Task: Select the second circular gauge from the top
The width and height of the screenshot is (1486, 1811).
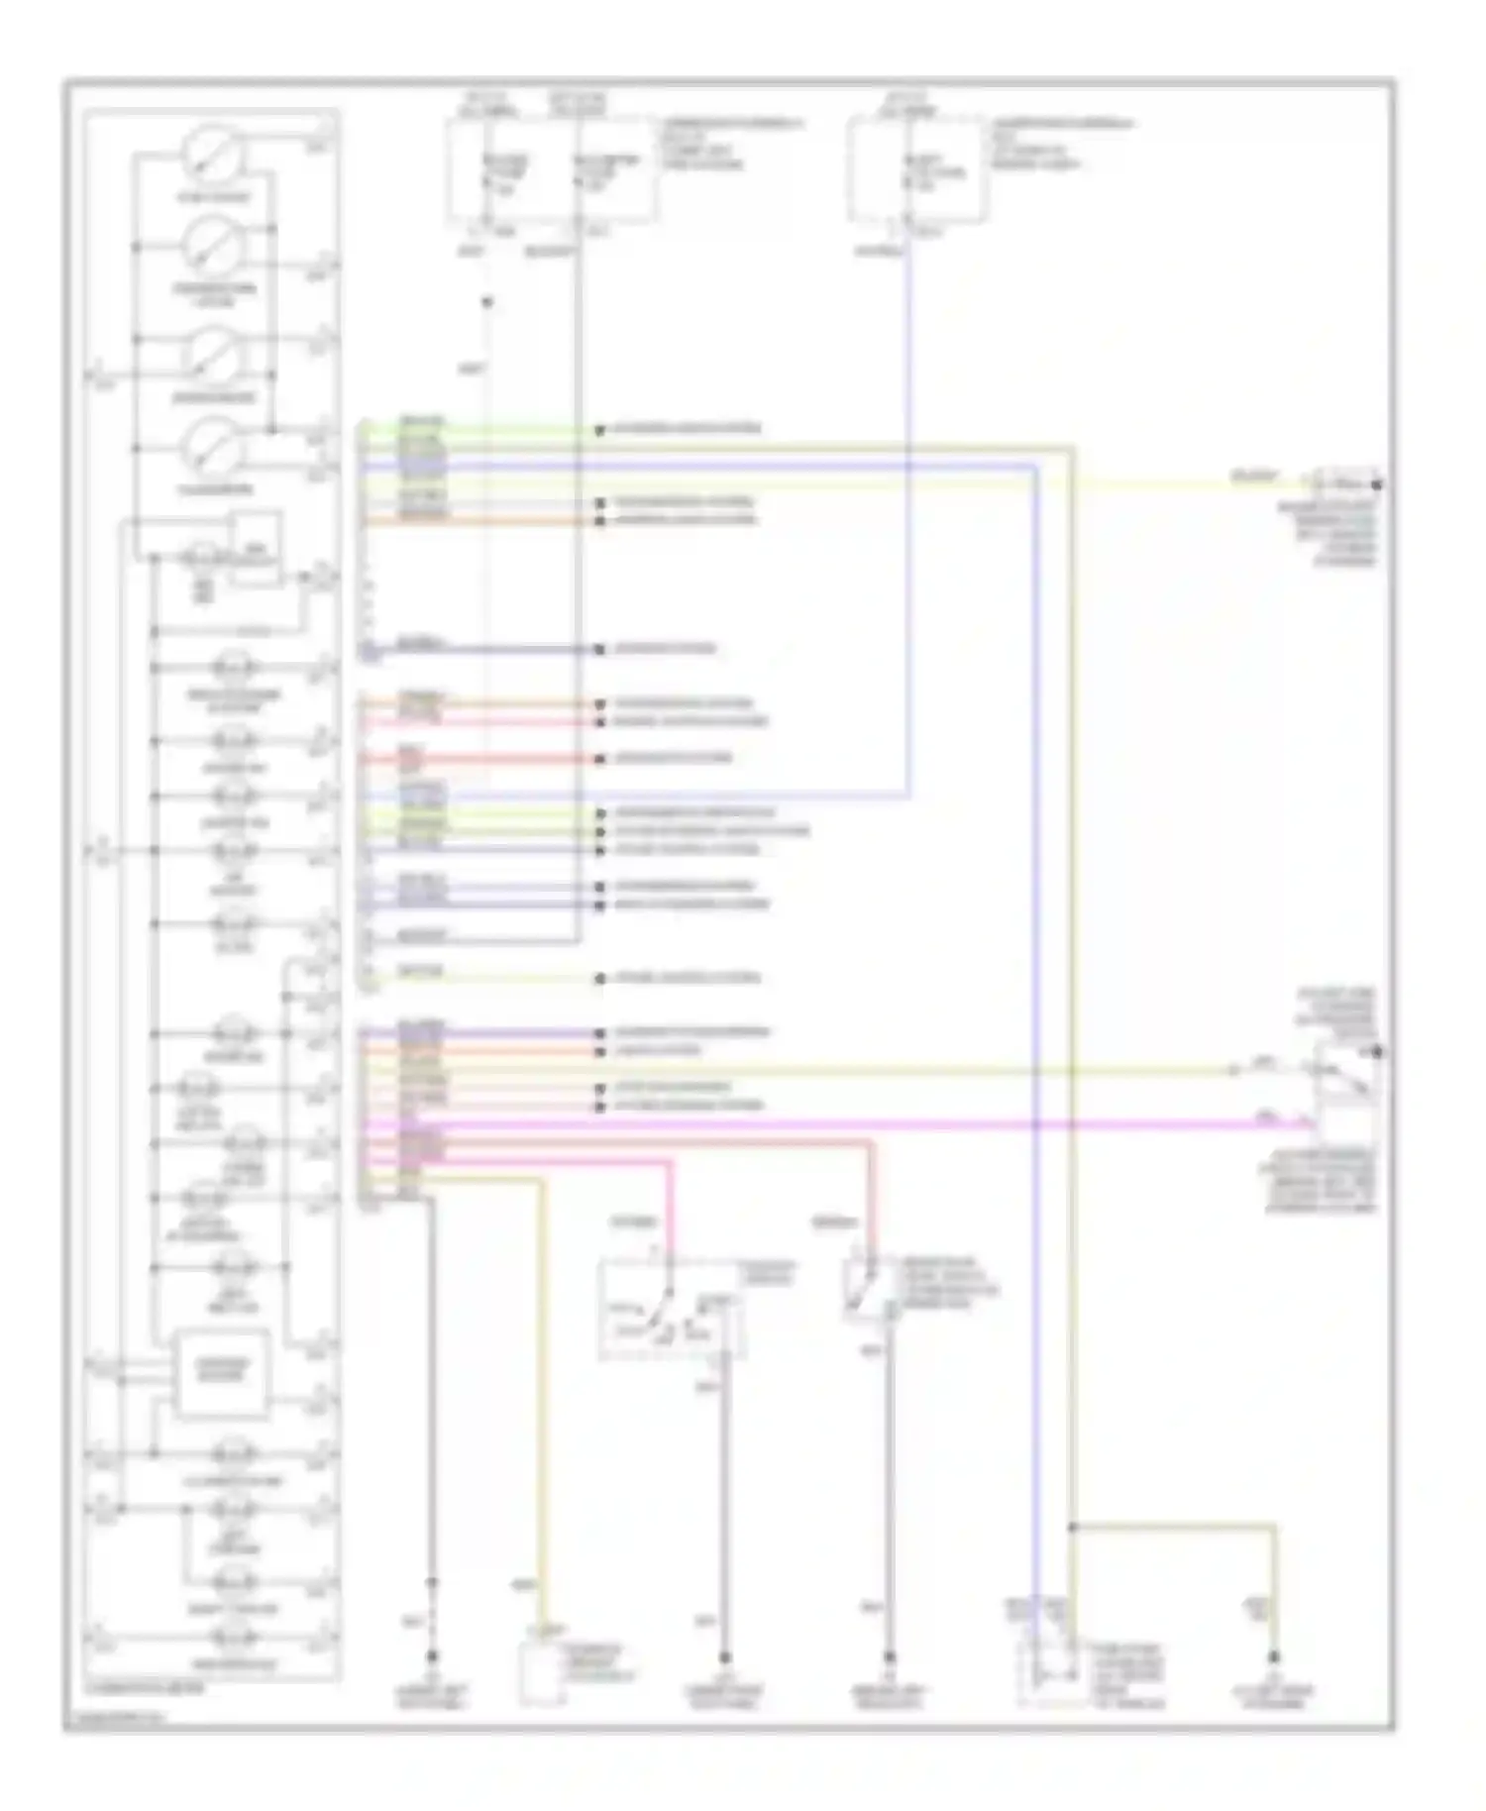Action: coord(212,248)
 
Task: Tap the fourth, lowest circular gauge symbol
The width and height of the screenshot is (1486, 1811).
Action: coord(212,448)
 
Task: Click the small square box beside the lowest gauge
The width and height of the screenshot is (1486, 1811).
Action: coord(257,548)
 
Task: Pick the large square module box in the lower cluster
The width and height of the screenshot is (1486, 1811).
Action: coord(223,1373)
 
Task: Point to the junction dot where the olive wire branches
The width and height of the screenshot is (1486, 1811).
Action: coord(1072,1527)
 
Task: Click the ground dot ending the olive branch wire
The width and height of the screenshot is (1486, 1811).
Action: coord(1274,1656)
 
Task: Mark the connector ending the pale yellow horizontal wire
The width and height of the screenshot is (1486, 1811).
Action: coord(1345,483)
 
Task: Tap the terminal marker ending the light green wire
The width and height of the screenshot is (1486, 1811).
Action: coord(599,430)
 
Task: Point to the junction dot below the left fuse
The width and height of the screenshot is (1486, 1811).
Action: coord(486,302)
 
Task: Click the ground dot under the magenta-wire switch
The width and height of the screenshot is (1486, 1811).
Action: coord(724,1656)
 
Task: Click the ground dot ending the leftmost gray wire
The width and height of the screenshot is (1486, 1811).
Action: coord(432,1656)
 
